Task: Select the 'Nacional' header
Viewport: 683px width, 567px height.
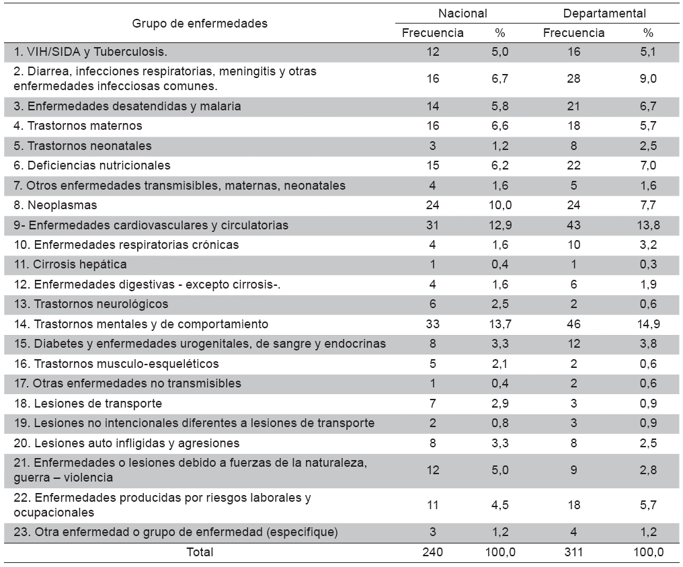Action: click(463, 13)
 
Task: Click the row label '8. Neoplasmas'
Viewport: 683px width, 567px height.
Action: click(56, 205)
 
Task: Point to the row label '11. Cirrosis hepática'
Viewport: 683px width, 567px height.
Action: click(70, 264)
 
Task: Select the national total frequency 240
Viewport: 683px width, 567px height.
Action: click(433, 552)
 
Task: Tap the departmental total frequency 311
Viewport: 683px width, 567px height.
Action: click(573, 552)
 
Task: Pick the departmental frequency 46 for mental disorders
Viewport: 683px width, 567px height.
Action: click(573, 324)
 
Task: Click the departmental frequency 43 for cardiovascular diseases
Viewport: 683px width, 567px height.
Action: click(573, 225)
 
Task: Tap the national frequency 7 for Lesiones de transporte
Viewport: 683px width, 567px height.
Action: click(433, 404)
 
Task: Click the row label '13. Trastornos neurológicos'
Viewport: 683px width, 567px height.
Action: click(91, 304)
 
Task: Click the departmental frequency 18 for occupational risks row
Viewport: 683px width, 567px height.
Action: click(573, 505)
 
